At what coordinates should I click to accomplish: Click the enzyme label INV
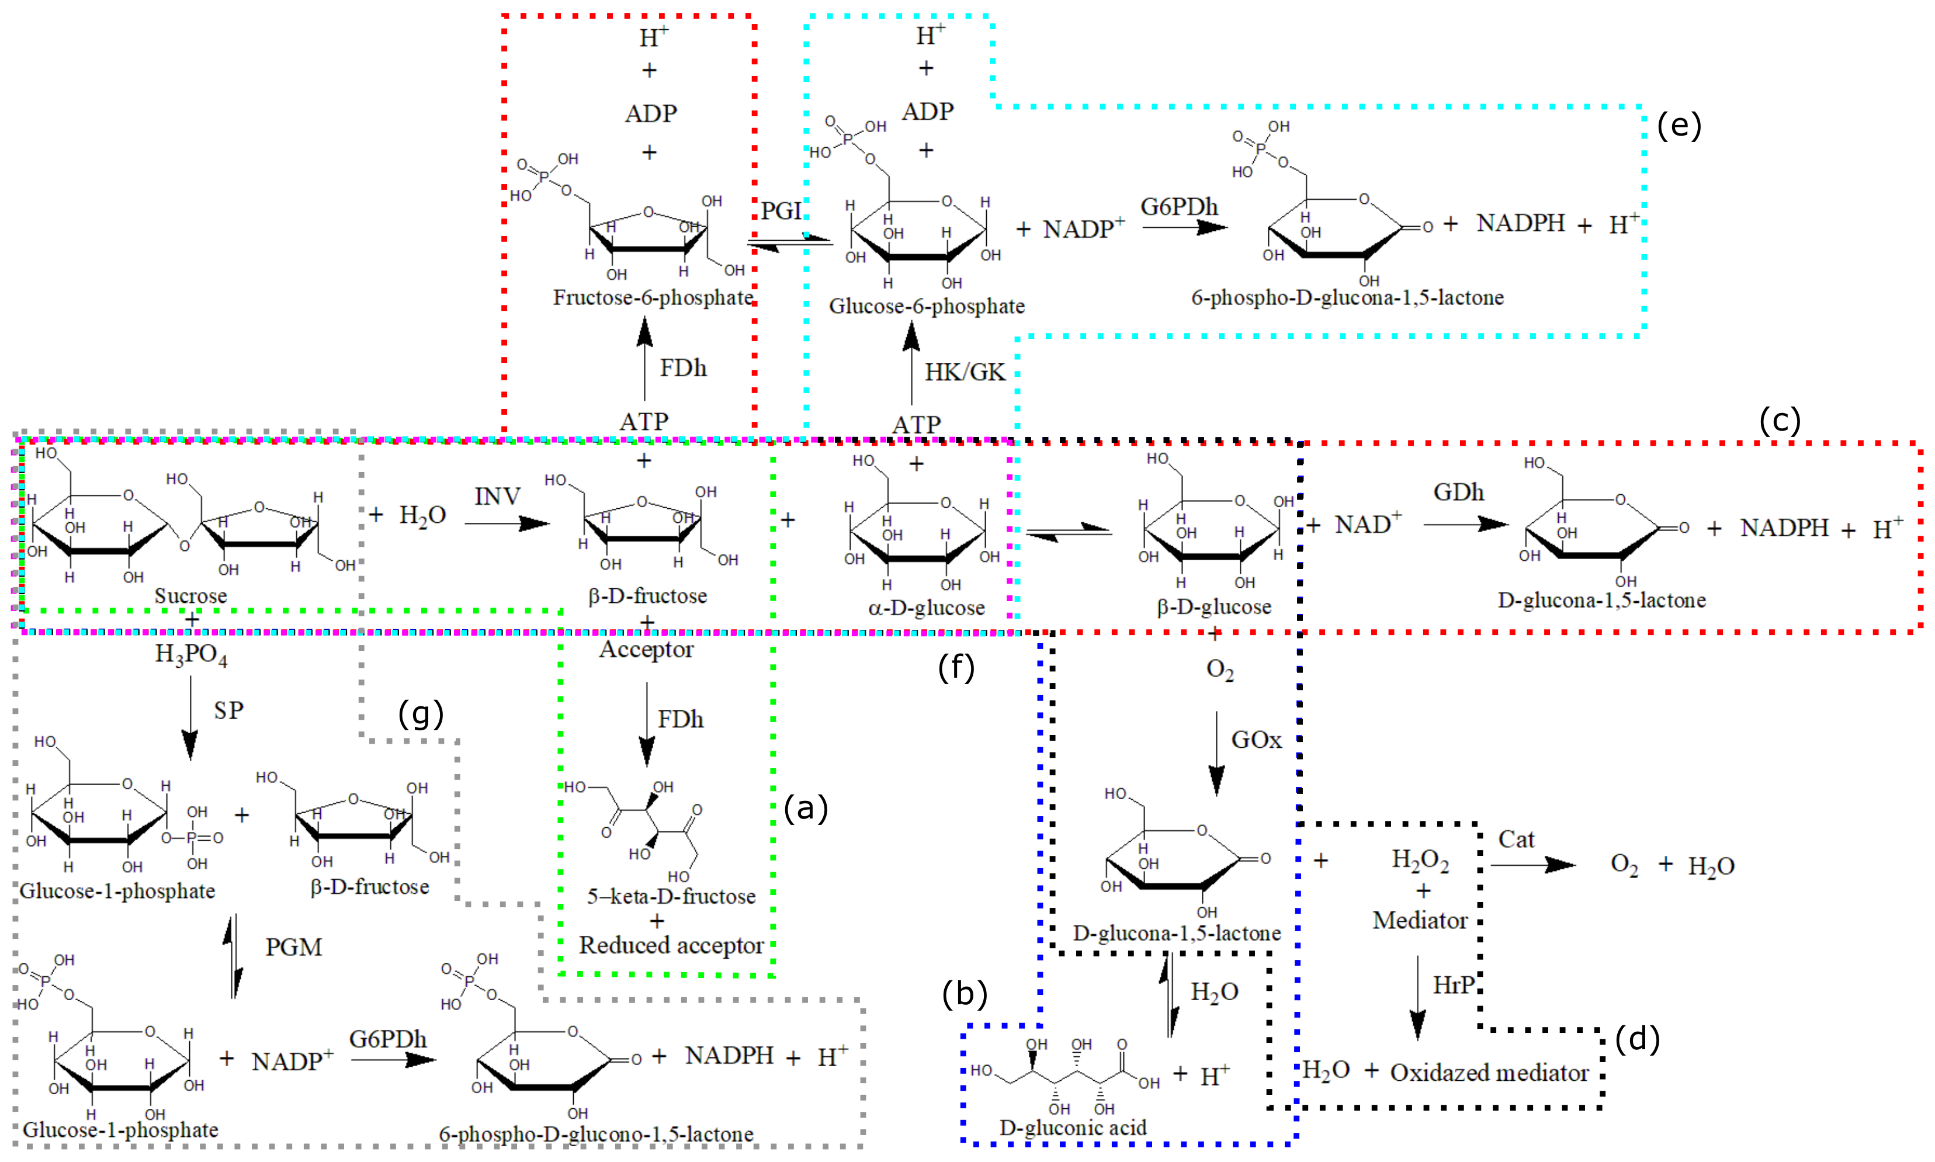497,497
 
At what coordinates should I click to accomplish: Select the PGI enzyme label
781,211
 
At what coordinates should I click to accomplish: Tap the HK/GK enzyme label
965,372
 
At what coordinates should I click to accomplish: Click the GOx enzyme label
1256,740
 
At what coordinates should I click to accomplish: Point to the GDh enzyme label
1458,492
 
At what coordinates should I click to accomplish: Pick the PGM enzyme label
294,948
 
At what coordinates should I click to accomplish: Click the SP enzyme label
228,710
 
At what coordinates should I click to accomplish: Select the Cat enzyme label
1516,840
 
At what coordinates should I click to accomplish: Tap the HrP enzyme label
1454,985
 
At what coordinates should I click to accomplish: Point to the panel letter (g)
421,713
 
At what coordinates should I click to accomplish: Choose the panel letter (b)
965,994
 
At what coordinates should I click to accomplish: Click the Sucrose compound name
190,596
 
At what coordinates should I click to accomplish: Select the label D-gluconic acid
1073,1128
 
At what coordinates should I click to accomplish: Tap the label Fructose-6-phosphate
653,297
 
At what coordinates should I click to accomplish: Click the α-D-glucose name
927,608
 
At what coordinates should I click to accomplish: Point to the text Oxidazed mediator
1489,1073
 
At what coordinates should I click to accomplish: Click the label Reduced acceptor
671,945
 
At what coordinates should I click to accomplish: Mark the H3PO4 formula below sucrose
191,654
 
